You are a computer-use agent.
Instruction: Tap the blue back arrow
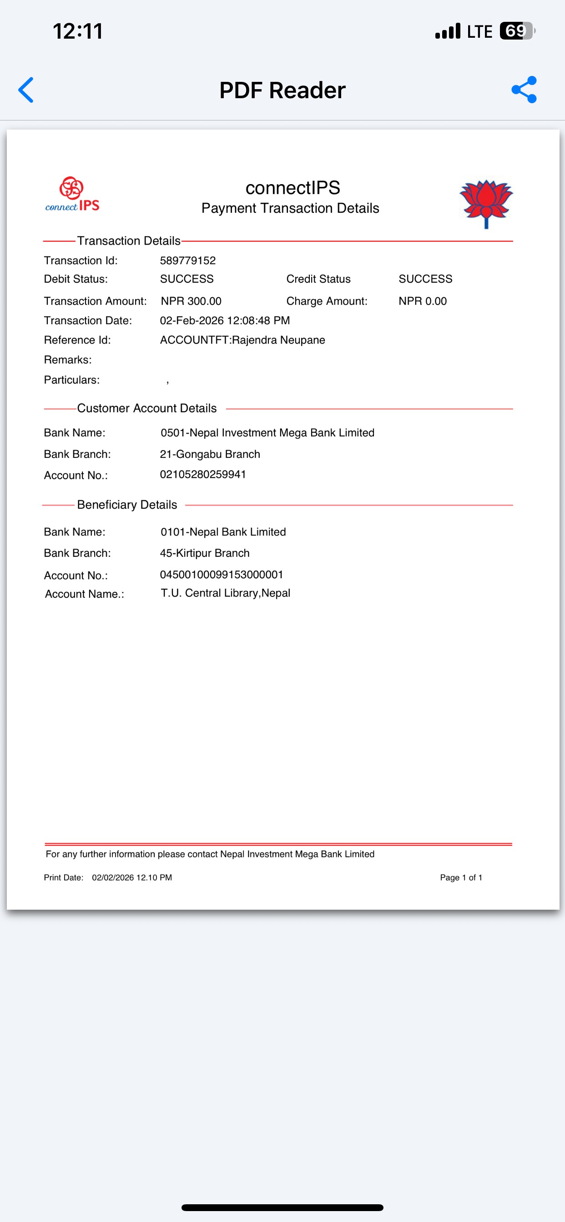click(26, 90)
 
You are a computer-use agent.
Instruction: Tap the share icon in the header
click(524, 90)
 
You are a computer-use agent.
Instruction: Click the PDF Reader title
click(282, 90)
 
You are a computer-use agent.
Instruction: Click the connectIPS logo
click(72, 194)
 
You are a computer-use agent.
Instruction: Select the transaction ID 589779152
click(187, 260)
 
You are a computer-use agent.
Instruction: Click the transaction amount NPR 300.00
click(191, 301)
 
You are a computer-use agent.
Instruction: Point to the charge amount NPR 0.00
click(423, 301)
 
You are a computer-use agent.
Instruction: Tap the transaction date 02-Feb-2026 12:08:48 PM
click(225, 321)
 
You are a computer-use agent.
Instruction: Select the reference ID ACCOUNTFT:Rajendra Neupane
click(242, 340)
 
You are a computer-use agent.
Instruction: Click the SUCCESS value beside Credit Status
click(425, 279)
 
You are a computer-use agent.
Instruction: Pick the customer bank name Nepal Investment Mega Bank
click(267, 433)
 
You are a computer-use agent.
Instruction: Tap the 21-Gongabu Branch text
click(210, 454)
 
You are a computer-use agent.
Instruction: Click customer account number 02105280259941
click(203, 474)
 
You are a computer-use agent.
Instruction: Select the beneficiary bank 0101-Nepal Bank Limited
click(223, 532)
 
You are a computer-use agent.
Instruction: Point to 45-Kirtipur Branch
click(205, 553)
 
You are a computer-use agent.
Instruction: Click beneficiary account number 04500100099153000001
click(221, 575)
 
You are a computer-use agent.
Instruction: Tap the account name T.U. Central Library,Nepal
click(225, 593)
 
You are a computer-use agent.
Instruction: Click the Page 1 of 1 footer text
click(460, 877)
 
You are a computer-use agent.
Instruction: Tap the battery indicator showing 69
click(517, 31)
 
